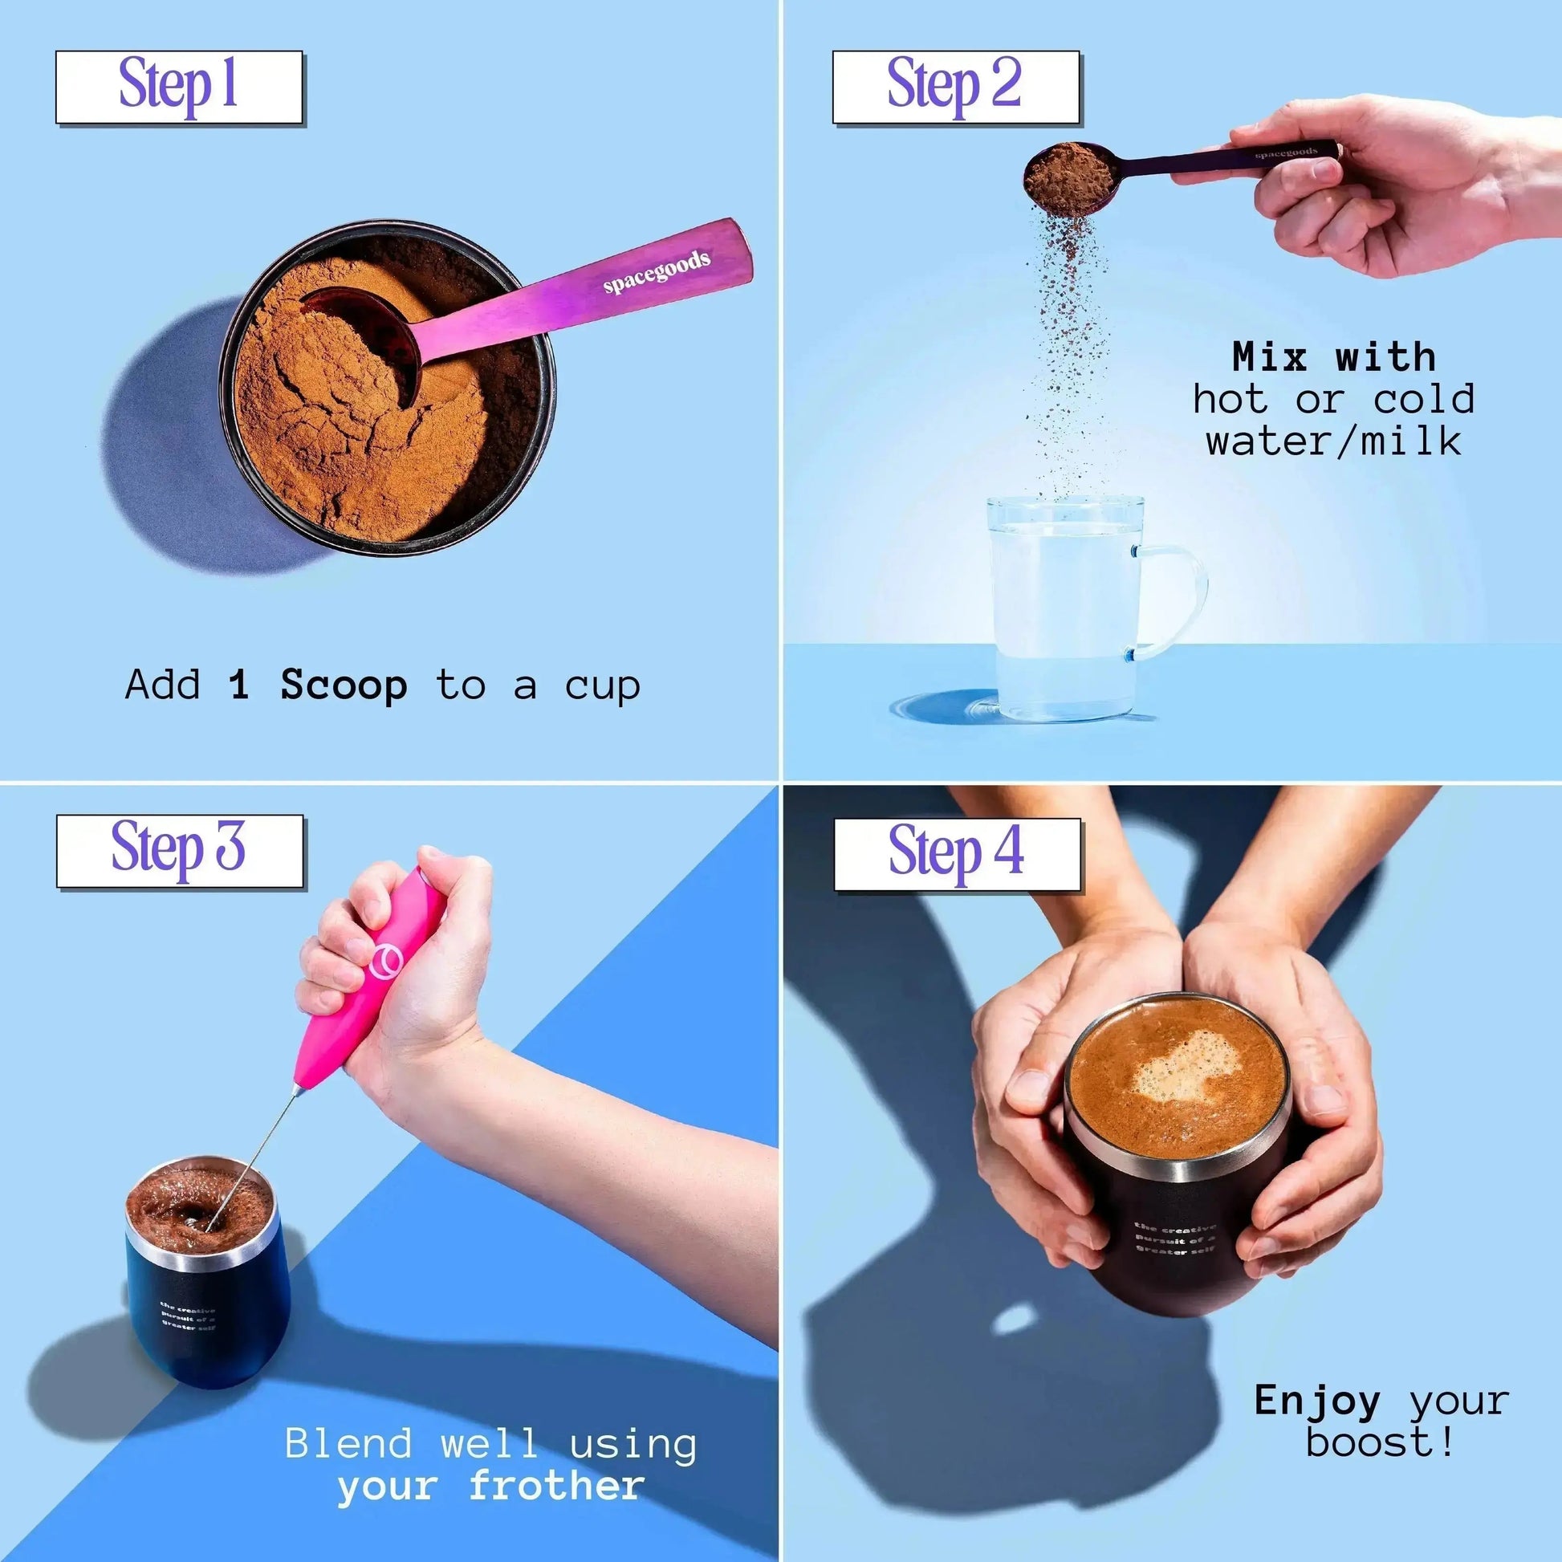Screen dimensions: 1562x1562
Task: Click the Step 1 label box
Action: click(179, 87)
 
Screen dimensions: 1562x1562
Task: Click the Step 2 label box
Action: click(956, 87)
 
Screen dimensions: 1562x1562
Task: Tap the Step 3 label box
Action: click(180, 852)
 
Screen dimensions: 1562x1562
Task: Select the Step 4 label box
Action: click(958, 855)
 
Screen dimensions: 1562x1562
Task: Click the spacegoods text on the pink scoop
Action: click(657, 272)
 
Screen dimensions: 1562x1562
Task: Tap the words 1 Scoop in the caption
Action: click(318, 685)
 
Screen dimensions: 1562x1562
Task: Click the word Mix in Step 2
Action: click(1268, 357)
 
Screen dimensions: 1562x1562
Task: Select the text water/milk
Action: click(1333, 441)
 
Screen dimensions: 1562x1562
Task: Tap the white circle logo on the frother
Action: click(385, 962)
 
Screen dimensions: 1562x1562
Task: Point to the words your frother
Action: click(490, 1485)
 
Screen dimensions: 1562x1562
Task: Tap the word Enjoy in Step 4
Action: click(1317, 1401)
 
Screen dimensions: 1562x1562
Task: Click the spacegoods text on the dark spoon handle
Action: click(1286, 152)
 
